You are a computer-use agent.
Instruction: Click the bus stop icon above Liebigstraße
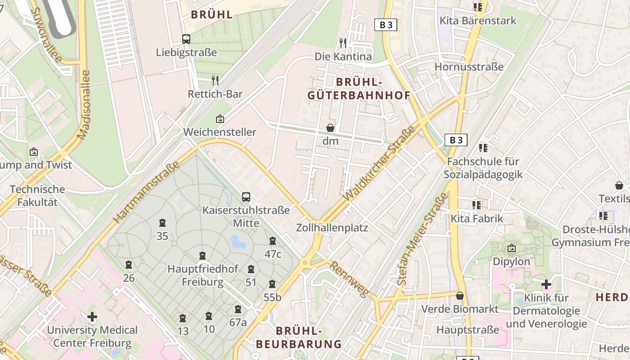(186, 39)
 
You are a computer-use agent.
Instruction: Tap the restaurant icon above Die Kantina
(343, 43)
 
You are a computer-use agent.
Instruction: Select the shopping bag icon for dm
(330, 128)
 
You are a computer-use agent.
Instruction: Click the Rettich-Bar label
(215, 94)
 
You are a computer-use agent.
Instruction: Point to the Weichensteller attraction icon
(220, 119)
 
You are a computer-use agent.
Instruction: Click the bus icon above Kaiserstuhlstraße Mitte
(246, 197)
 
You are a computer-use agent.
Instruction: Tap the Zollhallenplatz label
(332, 228)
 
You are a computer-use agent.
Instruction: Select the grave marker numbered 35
(162, 223)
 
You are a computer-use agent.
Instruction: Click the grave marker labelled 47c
(273, 241)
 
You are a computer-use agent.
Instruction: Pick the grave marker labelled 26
(129, 265)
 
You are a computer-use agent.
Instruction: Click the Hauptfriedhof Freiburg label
(202, 275)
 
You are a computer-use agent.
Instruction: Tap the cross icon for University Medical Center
(92, 317)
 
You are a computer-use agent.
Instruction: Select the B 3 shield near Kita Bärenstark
(386, 25)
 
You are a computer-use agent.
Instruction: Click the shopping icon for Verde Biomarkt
(460, 296)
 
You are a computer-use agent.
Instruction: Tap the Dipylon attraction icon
(512, 248)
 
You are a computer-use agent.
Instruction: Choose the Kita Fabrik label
(477, 219)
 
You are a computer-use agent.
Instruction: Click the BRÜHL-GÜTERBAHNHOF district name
(359, 89)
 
